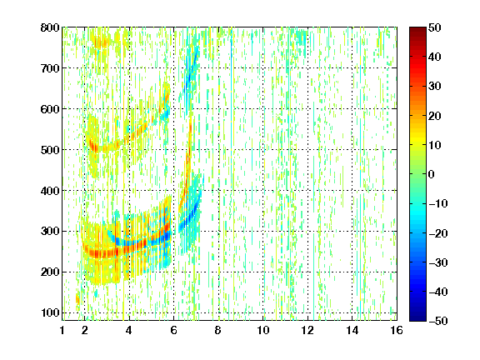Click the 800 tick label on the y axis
[50, 27]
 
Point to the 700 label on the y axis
[50, 68]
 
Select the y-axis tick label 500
[50, 150]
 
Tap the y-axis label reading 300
[50, 232]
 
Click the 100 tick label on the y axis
[50, 312]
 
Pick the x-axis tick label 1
[62, 330]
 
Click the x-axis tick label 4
[129, 330]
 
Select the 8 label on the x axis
[218, 330]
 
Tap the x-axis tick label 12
[307, 330]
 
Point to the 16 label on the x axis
[397, 330]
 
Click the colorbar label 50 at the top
[435, 27]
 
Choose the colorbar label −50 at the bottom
[438, 321]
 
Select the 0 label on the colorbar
[432, 174]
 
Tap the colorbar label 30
[435, 87]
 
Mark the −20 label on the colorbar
[438, 233]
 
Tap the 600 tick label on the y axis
[50, 109]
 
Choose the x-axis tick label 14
[352, 330]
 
